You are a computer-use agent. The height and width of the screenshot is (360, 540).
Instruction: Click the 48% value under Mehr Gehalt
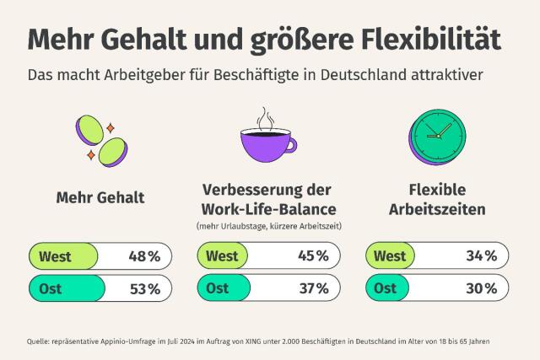[143, 255]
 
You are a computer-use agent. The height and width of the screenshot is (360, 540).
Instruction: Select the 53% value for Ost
[143, 288]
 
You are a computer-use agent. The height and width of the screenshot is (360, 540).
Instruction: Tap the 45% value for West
[311, 255]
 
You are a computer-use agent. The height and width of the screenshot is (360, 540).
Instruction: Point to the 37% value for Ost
[311, 288]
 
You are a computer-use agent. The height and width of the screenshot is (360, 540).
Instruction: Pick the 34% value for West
[480, 255]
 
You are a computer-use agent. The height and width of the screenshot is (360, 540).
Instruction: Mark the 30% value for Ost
[480, 288]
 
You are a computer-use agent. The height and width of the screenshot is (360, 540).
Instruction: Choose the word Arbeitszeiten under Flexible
[437, 208]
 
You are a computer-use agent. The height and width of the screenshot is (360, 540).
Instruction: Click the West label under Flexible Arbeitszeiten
[390, 255]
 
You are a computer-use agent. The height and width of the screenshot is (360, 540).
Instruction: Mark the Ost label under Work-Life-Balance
[217, 288]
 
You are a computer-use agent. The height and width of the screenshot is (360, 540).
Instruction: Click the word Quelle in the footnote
[38, 341]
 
